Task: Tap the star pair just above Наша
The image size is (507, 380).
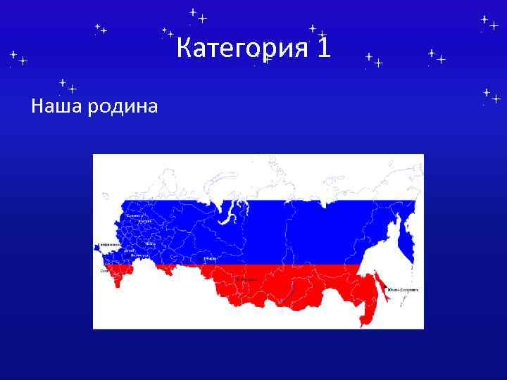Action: click(68, 87)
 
